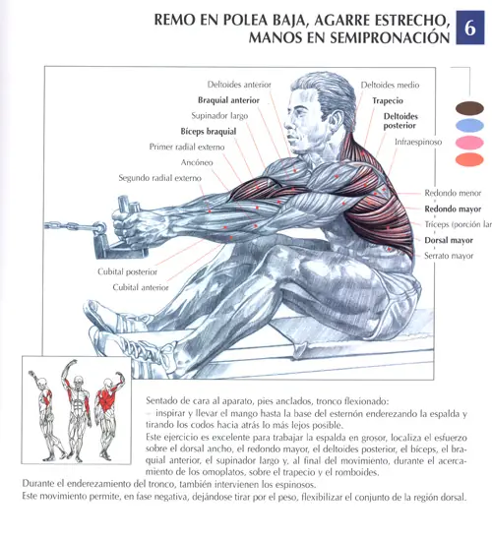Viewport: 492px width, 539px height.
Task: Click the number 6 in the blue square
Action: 470,28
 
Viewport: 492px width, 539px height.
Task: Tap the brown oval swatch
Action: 469,108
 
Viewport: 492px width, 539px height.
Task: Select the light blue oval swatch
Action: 469,126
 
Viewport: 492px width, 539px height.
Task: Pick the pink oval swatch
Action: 469,143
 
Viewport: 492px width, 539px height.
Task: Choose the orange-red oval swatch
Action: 469,159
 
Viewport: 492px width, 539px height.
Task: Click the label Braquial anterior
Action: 228,100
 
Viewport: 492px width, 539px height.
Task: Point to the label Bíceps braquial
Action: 209,132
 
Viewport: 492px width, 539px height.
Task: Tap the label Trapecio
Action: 388,100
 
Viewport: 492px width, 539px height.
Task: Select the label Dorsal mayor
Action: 449,240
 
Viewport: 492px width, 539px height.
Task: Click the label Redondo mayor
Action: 453,209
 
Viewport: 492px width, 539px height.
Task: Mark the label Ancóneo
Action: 197,162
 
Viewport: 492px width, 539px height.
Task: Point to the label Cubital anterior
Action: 141,287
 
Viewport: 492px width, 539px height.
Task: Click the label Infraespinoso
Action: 418,142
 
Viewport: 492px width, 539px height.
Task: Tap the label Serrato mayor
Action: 449,256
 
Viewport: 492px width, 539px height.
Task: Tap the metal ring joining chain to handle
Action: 100,228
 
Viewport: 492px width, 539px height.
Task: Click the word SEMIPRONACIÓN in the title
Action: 390,37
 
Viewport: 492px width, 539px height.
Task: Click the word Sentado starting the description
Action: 162,401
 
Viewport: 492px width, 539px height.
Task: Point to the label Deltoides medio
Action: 390,85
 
